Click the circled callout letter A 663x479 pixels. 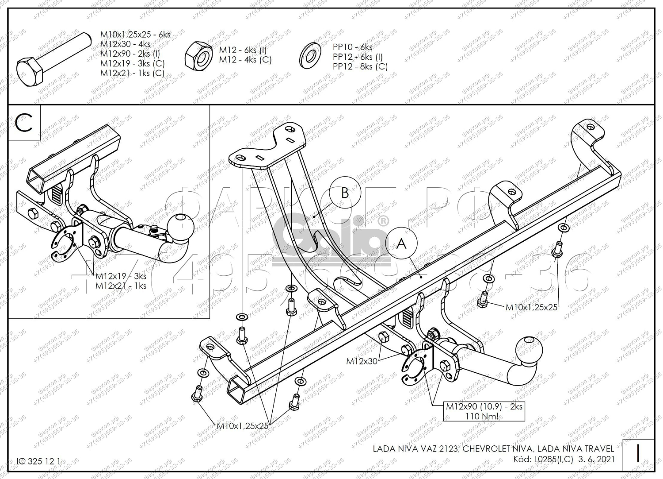point(401,243)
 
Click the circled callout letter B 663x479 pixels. point(345,193)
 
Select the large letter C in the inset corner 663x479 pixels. point(24,123)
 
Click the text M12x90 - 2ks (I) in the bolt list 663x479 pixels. point(130,54)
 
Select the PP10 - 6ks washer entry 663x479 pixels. point(352,47)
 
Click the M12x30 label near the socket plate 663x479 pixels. point(362,361)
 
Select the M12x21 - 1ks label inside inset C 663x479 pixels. point(121,286)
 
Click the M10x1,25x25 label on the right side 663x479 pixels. point(531,307)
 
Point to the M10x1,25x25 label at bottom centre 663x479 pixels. point(243,425)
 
